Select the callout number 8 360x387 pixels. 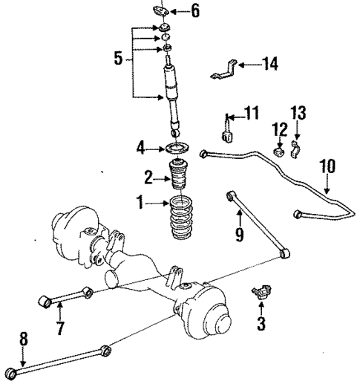[23, 339]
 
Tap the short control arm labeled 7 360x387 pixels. [65, 297]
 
